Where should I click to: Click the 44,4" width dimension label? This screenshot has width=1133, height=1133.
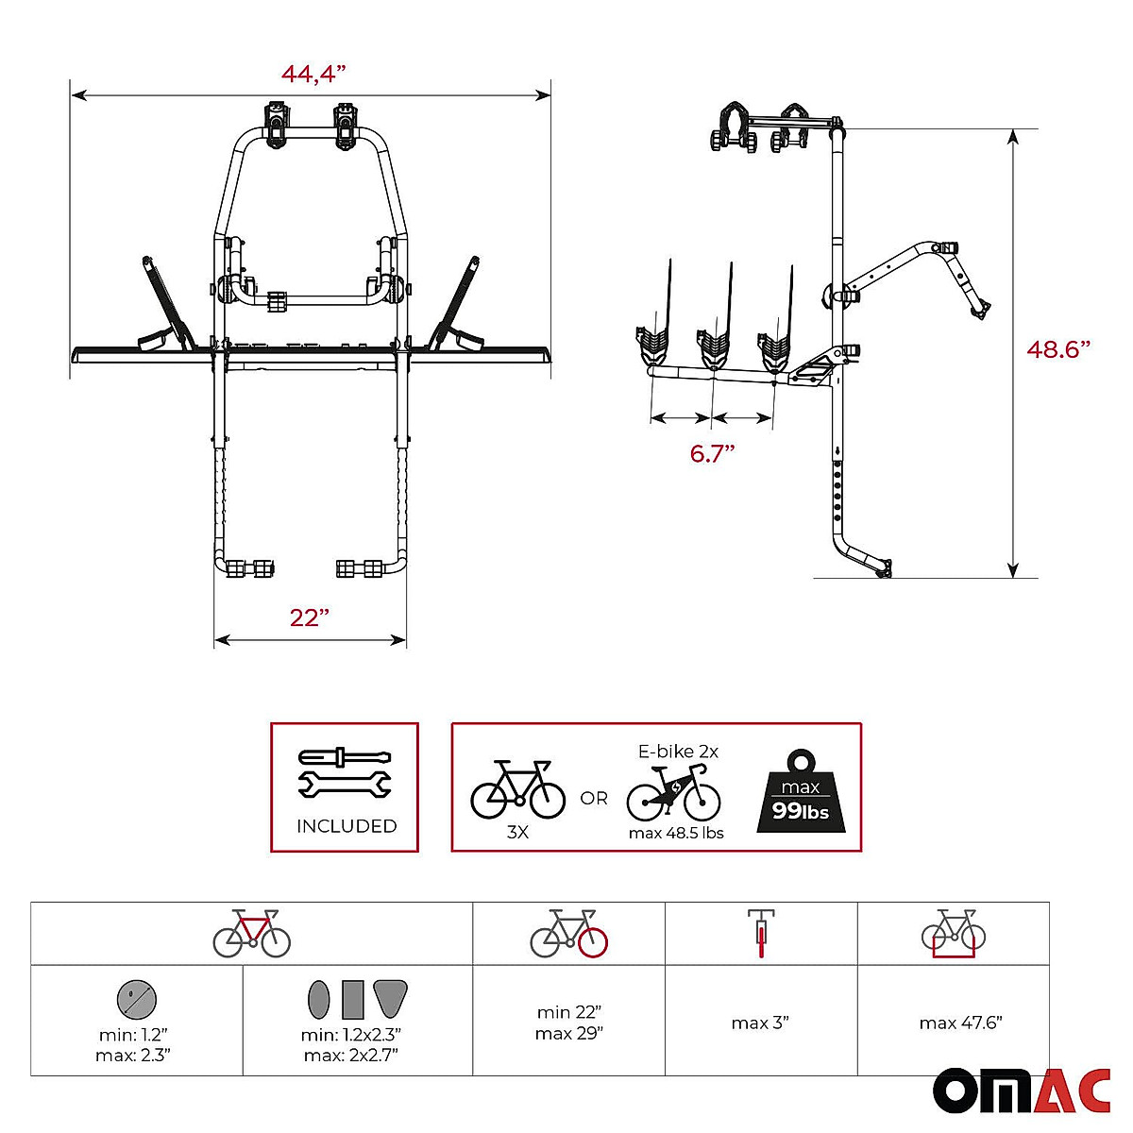313,74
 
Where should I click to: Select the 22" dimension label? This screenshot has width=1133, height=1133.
310,617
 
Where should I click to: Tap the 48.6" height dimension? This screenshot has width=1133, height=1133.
1058,348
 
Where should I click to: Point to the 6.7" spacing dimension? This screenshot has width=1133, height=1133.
712,453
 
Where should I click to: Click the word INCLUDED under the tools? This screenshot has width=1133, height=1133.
346,826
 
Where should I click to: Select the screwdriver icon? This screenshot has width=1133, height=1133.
345,757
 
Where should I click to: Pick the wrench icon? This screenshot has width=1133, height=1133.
345,784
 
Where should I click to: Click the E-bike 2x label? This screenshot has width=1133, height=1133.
678,752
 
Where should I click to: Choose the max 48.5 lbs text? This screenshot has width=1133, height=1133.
676,833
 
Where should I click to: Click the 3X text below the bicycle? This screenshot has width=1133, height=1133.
517,833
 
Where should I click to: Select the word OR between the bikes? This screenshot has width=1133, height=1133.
594,799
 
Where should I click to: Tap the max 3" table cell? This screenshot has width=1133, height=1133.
760,1023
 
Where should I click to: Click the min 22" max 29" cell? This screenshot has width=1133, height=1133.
568,1023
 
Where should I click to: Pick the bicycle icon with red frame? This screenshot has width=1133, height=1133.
251,933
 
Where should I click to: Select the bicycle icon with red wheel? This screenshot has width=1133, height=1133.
568,933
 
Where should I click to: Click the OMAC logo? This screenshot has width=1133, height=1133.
1022,1091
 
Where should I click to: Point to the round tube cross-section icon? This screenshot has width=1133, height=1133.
137,997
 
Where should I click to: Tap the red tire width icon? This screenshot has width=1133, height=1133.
760,933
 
